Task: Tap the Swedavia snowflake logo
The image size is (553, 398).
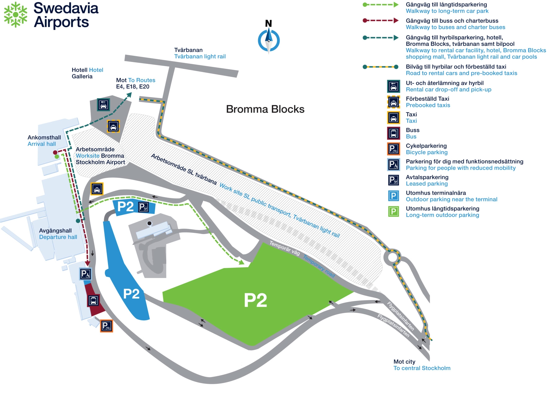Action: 16,15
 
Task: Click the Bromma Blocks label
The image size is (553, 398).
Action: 265,109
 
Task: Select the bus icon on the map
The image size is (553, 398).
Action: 93,300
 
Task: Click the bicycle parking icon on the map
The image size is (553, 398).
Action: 106,326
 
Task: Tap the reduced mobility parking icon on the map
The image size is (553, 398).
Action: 85,274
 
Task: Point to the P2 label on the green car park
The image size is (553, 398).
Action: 255,300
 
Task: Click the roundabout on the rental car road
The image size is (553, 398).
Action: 393,257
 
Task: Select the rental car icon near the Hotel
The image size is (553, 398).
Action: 103,105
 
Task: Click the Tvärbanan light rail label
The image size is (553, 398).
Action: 200,53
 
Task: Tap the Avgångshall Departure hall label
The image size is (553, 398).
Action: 58,234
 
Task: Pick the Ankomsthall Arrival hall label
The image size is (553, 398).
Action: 44,140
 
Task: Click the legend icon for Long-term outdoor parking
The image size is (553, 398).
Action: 393,212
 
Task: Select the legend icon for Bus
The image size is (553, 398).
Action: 393,133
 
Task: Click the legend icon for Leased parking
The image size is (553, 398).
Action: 393,180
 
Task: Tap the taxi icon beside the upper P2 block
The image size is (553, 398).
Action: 97,189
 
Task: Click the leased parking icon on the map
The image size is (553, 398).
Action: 143,207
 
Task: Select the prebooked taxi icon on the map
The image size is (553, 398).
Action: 113,126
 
